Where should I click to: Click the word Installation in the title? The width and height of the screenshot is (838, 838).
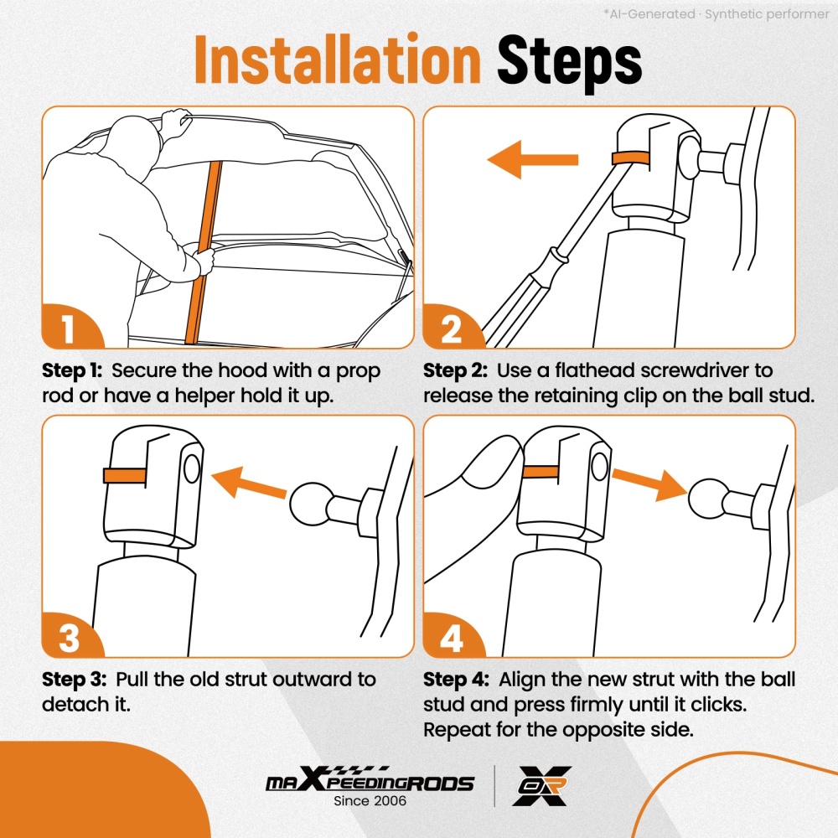[338, 59]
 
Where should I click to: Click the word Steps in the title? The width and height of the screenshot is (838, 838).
[569, 63]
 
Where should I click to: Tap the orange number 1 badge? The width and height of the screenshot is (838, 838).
[69, 328]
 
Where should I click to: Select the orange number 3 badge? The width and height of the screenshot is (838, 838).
[69, 637]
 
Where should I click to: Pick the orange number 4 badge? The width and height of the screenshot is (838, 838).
[451, 637]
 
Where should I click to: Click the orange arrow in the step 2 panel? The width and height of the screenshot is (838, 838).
[533, 159]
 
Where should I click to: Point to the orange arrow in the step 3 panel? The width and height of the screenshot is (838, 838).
[250, 482]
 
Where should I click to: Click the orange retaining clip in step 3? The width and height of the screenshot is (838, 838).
[125, 475]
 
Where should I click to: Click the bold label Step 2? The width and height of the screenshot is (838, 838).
[455, 370]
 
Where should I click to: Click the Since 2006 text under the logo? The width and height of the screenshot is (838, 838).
[370, 800]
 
